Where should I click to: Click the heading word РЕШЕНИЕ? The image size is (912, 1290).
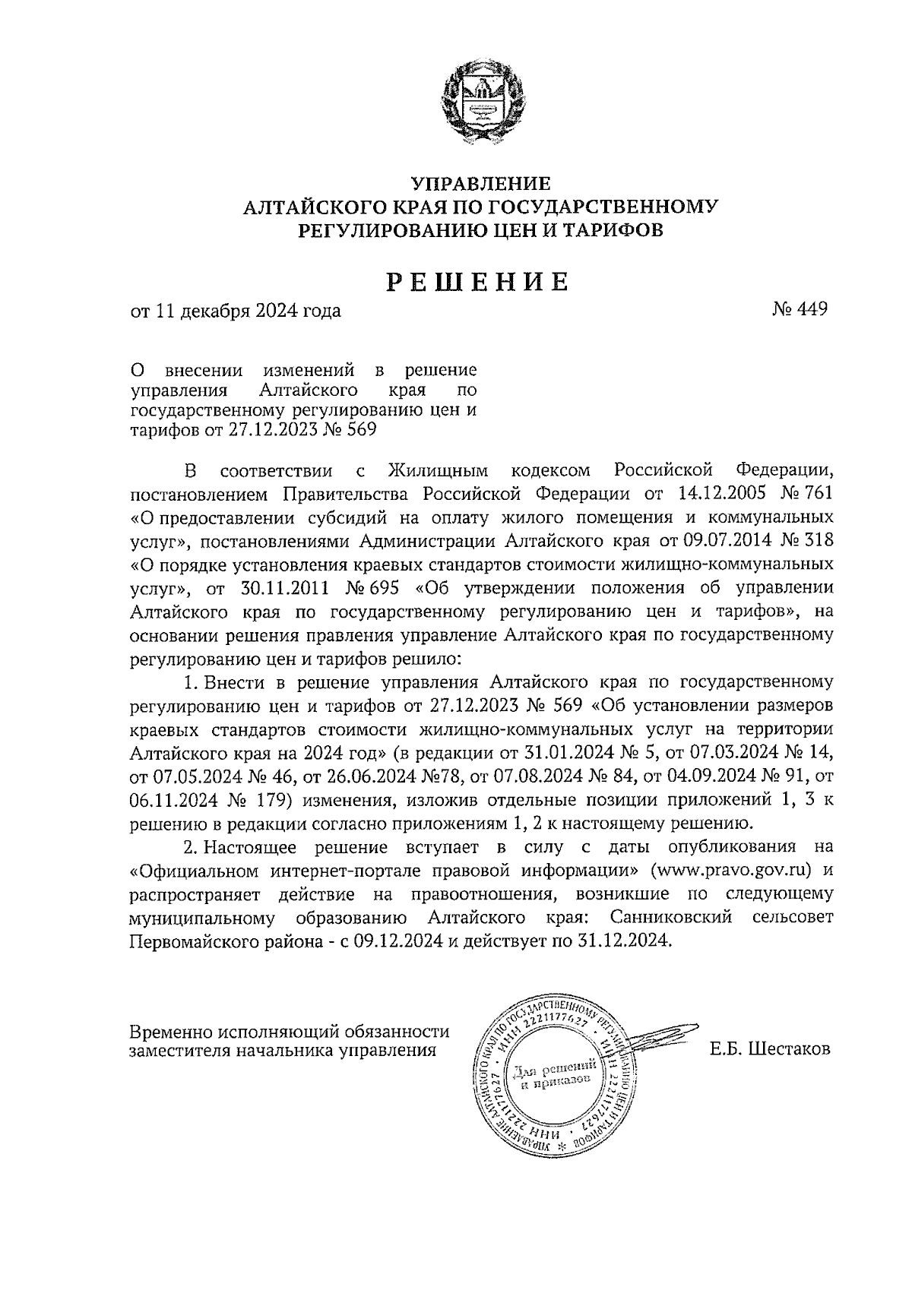pos(479,283)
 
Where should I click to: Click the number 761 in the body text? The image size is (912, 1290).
pos(817,493)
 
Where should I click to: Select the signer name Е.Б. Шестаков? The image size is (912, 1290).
pos(771,1050)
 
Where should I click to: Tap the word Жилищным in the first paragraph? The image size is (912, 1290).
pos(438,470)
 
